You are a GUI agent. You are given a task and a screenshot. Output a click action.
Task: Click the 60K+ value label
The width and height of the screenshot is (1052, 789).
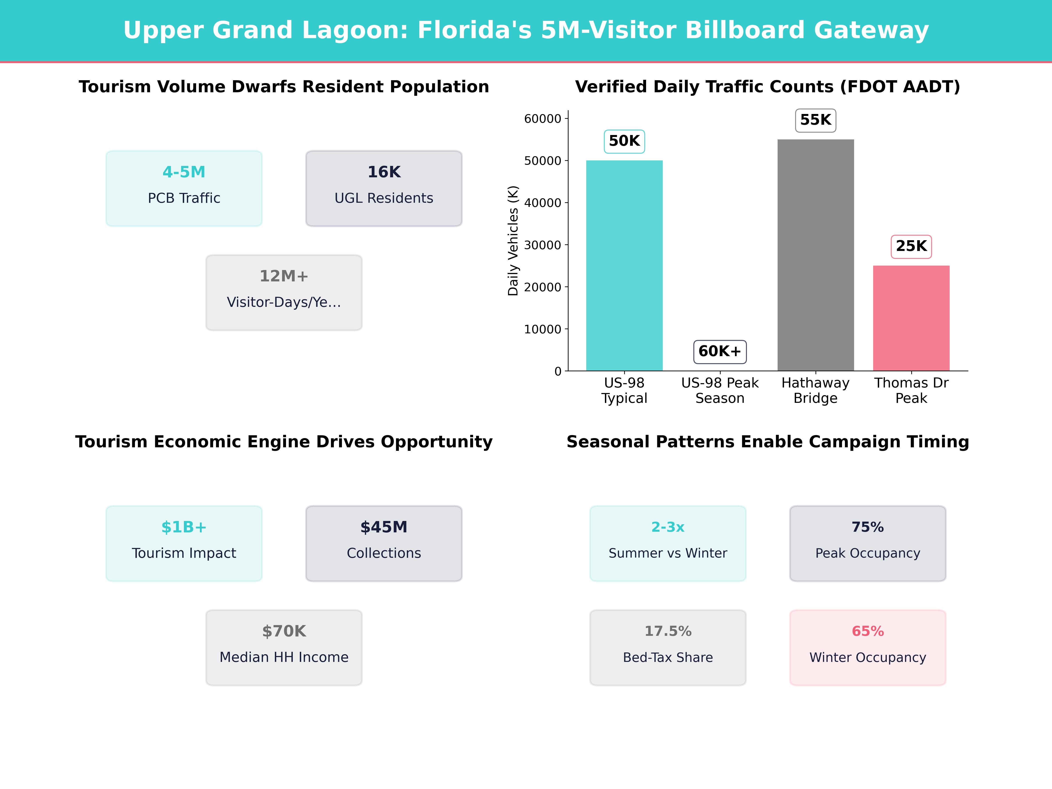(720, 352)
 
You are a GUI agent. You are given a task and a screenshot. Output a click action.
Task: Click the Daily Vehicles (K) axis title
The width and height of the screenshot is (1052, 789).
(513, 241)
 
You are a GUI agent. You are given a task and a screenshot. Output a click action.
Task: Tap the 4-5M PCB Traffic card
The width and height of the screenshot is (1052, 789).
(184, 188)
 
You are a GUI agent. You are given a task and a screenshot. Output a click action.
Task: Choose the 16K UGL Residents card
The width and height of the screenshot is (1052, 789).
(384, 188)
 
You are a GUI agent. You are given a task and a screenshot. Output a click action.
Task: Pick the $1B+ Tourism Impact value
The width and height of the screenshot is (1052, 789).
(184, 527)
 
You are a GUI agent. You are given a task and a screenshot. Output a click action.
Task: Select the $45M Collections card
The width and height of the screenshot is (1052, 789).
(384, 543)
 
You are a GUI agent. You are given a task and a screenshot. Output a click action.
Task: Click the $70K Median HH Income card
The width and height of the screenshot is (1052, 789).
(284, 647)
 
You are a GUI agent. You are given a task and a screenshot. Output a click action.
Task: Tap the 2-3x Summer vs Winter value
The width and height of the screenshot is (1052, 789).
(668, 527)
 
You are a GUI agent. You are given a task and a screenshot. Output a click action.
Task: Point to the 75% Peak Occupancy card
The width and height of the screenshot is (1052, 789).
(867, 543)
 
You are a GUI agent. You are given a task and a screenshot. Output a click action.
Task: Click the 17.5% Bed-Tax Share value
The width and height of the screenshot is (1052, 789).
(668, 631)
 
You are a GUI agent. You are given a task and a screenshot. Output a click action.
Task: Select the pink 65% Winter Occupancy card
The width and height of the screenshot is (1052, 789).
(867, 647)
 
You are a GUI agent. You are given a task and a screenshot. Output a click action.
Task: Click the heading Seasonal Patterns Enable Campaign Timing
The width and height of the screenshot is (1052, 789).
(768, 442)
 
